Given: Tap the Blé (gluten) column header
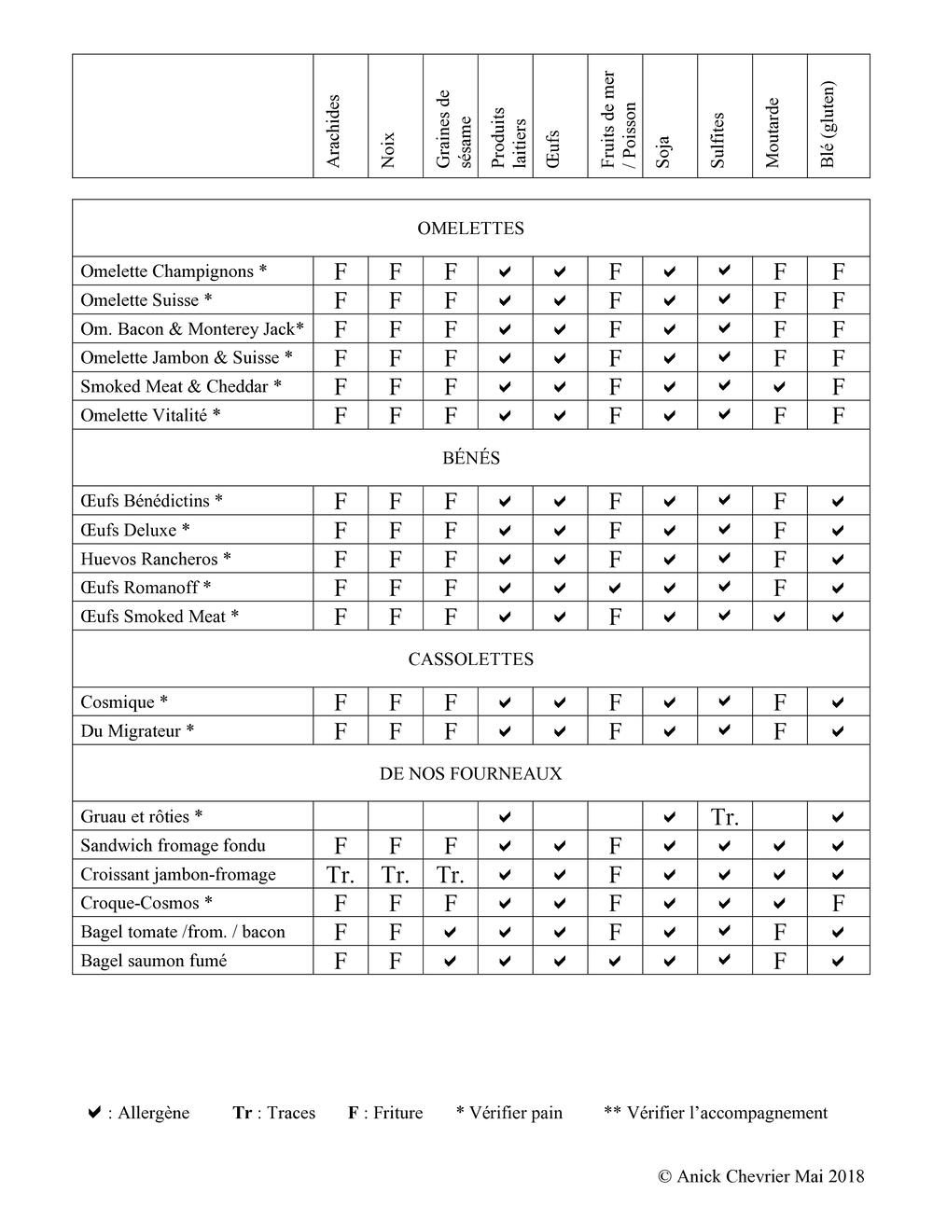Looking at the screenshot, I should (x=828, y=124).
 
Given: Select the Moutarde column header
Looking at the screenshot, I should (x=773, y=132).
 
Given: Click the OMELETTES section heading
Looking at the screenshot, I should (x=470, y=229).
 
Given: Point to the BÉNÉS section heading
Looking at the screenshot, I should (x=471, y=458).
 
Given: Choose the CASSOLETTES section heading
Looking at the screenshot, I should (x=470, y=659).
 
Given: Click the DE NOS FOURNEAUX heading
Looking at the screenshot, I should (x=470, y=774).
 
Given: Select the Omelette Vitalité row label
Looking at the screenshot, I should (x=150, y=415).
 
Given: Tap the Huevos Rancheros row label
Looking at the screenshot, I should (x=156, y=559).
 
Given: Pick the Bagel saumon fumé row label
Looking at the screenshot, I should (x=154, y=961).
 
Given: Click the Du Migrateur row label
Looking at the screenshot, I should (x=137, y=730).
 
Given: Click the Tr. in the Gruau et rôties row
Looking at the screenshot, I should (x=725, y=818).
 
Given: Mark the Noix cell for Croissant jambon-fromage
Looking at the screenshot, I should (x=396, y=875).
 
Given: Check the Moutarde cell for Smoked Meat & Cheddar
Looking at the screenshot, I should (x=779, y=387).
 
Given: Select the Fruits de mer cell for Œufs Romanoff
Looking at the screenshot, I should (x=614, y=589).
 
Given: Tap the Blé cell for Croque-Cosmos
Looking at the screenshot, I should (x=838, y=903).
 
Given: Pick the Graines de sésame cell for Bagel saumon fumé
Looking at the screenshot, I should (x=450, y=961).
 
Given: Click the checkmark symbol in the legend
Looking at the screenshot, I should (x=94, y=1112).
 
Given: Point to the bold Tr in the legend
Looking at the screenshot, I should (x=243, y=1113).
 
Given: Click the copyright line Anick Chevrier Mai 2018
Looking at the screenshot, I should (x=761, y=1176).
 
